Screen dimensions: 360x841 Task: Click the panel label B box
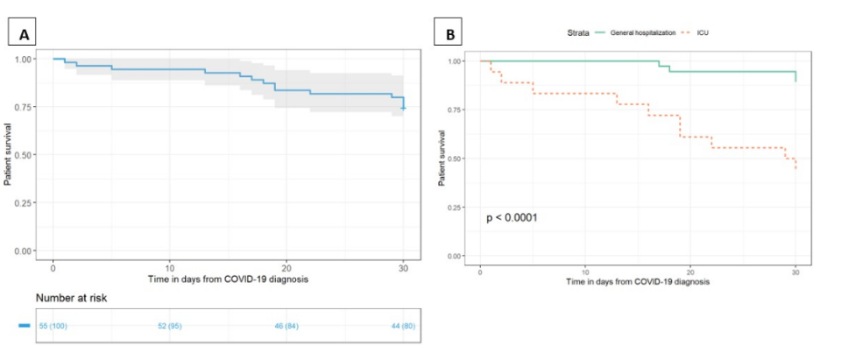tap(450, 34)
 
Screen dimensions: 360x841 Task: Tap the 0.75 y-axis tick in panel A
tap(25, 107)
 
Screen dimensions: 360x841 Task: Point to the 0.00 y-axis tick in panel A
tap(25, 251)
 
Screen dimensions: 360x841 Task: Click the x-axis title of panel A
tap(229, 279)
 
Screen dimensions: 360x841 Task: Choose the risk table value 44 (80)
tap(404, 326)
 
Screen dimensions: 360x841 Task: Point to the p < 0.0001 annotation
tap(512, 216)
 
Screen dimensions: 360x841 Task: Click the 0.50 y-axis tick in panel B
tap(456, 159)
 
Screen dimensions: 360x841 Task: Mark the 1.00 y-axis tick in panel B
tap(456, 61)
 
